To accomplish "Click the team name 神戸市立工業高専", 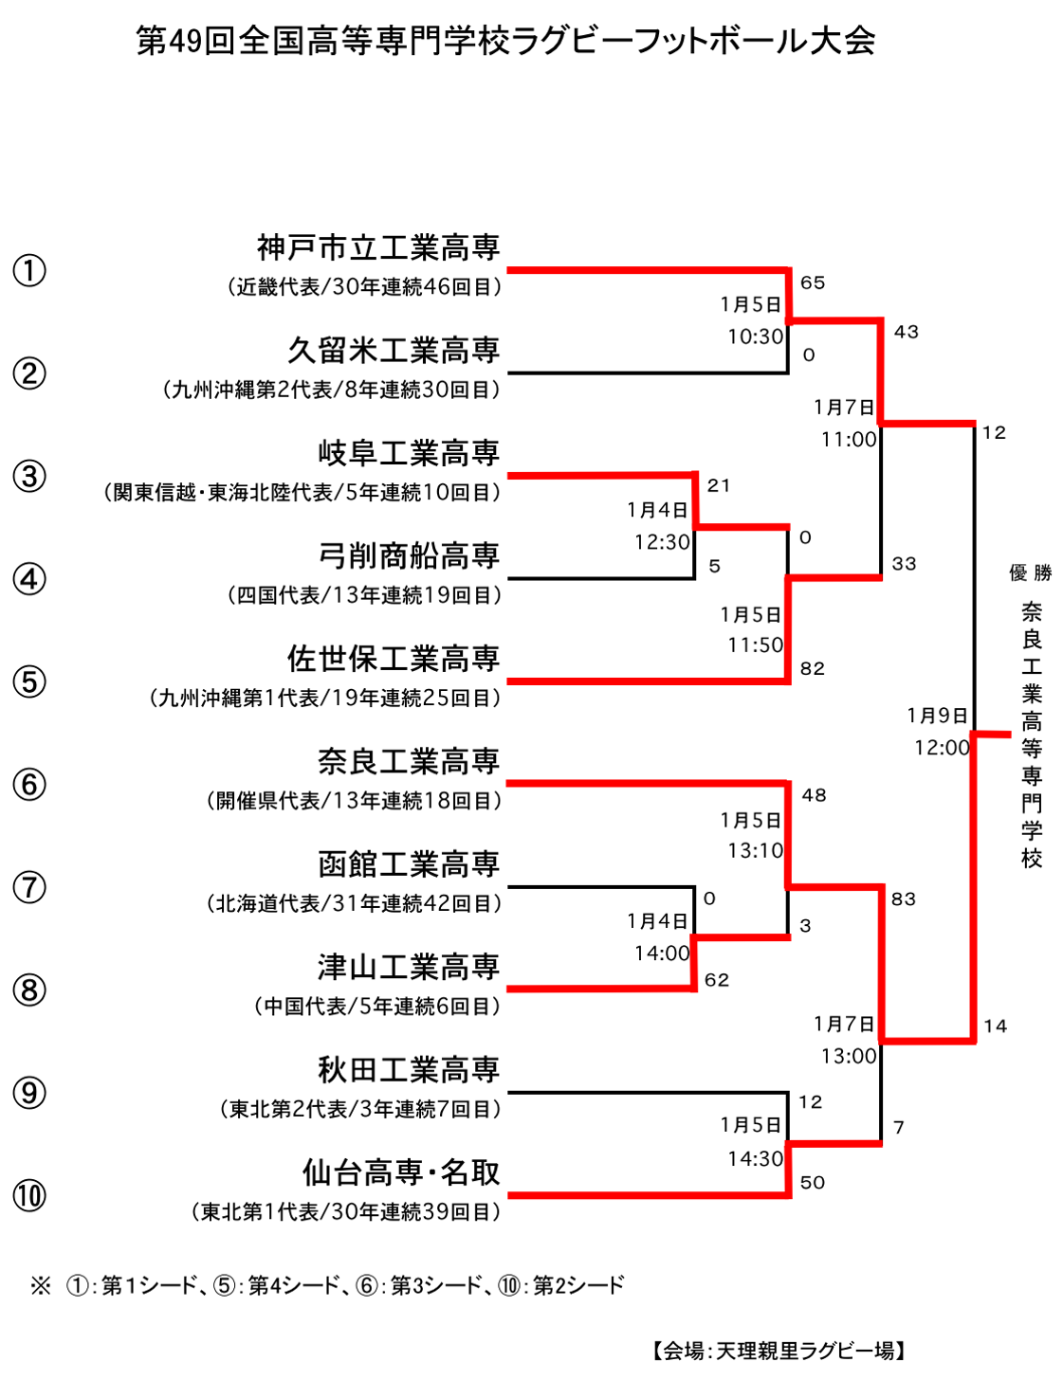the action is point(378,247).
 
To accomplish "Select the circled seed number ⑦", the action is point(29,887).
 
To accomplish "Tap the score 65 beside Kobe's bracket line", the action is point(812,282).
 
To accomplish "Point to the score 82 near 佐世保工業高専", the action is point(812,669).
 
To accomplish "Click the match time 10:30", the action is point(756,336).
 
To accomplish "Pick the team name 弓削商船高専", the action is point(409,556).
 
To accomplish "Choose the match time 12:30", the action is point(662,542).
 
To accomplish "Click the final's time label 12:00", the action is point(942,748).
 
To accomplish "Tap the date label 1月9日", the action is point(937,716).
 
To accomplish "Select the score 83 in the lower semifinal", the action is point(903,899).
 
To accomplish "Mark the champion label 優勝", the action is point(1030,572).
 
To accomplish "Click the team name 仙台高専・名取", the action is point(401,1173).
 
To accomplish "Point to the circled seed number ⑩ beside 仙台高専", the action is point(29,1196).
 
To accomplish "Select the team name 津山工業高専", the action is point(409,968).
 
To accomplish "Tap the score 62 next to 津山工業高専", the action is point(717,980).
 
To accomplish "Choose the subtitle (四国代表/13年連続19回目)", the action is point(364,595).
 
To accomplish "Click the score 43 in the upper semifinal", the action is point(906,332).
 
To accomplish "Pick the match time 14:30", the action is point(756,1159).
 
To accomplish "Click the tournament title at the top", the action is point(505,42).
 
